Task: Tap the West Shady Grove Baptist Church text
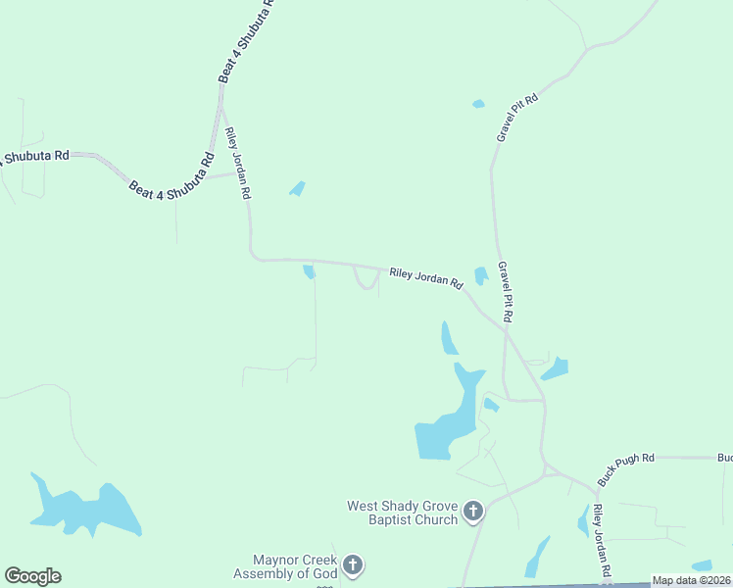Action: [x=402, y=513]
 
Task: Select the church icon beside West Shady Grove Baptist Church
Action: [x=473, y=511]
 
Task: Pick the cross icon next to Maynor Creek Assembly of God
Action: [x=353, y=564]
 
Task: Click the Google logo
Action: [x=32, y=575]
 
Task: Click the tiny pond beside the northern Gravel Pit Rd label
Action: [x=478, y=104]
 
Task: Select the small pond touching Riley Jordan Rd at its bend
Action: [x=309, y=271]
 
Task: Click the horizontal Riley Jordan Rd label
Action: [x=425, y=277]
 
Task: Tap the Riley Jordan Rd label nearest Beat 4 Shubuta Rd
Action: [x=236, y=163]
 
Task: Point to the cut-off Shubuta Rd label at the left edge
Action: [x=34, y=156]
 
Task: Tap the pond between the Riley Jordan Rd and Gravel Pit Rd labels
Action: [x=481, y=276]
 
